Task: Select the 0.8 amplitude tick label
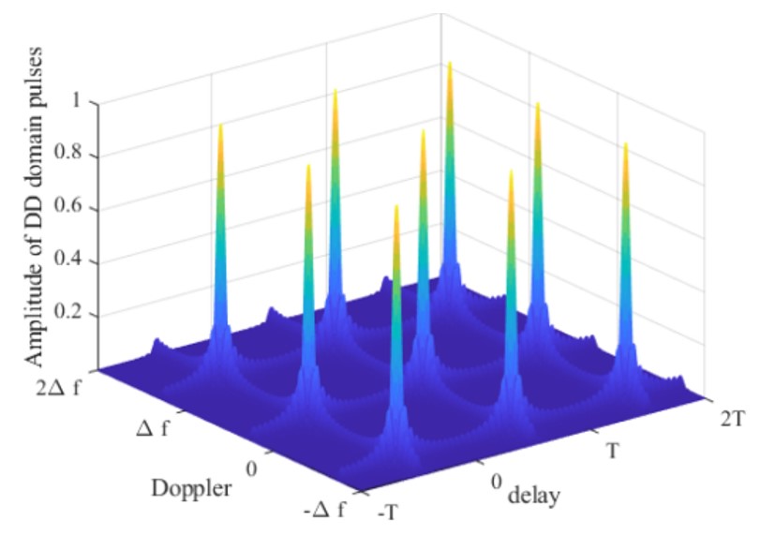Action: pos(72,156)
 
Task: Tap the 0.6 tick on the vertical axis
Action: pos(72,208)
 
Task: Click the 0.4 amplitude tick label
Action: pos(72,260)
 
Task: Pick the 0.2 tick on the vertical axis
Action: pos(72,313)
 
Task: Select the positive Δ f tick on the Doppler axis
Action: pos(165,427)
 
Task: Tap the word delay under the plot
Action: pos(534,496)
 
